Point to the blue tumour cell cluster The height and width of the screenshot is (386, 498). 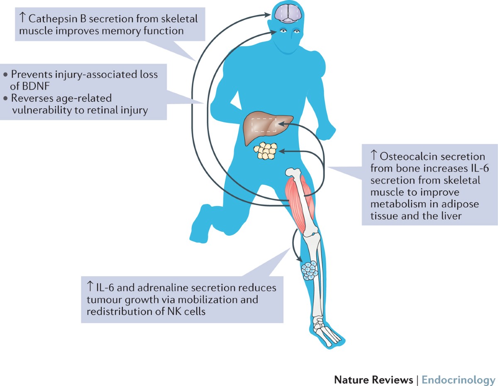[309, 270]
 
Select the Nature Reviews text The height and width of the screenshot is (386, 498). [373, 369]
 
